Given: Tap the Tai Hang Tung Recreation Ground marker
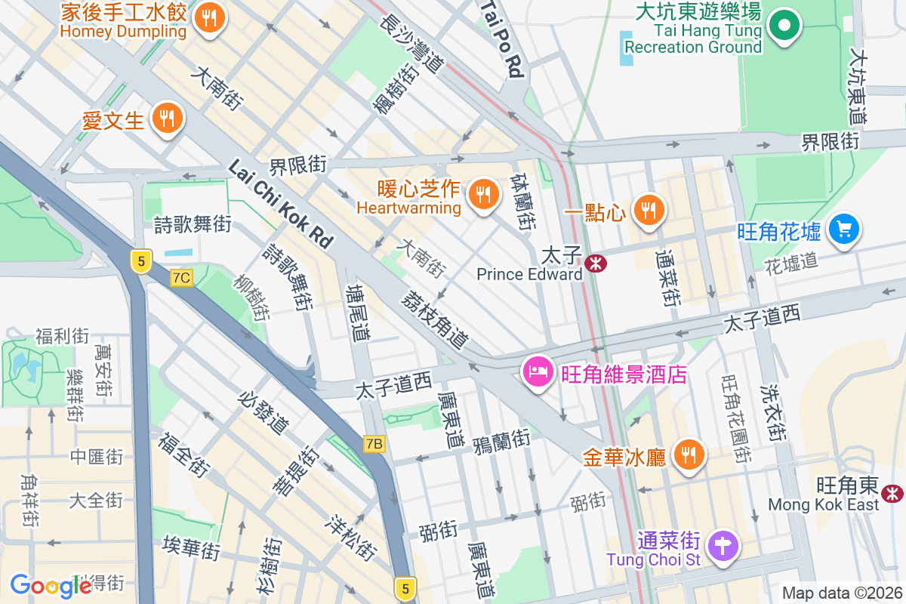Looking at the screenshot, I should [784, 26].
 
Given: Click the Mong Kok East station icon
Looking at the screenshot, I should [893, 494].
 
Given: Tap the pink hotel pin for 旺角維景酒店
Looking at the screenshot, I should [538, 371].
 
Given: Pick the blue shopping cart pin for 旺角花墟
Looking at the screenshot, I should [843, 229].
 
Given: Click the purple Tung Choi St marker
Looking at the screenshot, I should [723, 545].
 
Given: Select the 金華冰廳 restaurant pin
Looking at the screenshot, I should [689, 455].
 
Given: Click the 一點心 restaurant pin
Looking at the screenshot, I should [648, 209].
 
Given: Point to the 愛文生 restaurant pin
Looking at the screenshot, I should [165, 118].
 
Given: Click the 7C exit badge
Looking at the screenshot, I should [181, 278].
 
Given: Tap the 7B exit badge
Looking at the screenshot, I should [374, 443].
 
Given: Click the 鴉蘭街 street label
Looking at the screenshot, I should [501, 439].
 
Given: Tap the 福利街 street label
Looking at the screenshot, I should [62, 336].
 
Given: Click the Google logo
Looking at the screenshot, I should [51, 586].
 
